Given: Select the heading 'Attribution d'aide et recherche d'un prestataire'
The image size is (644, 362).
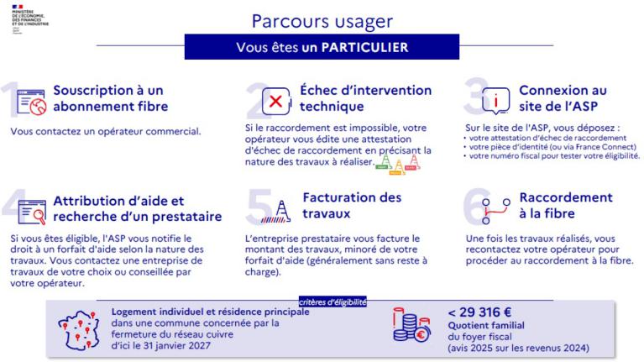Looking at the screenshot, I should [x=137, y=207].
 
